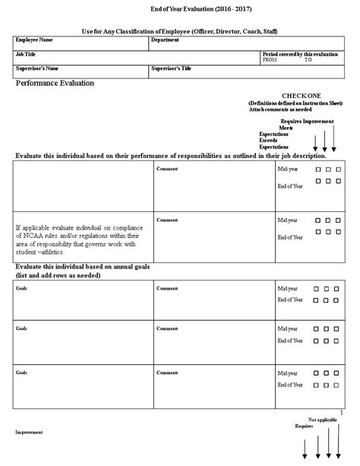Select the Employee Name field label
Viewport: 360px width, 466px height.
click(35, 40)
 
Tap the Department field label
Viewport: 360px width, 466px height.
click(165, 40)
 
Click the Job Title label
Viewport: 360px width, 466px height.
click(26, 55)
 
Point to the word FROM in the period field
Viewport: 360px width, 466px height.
click(270, 60)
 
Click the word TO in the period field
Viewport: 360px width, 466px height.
click(308, 60)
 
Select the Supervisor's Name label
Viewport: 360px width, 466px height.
click(38, 68)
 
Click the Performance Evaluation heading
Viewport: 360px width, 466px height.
click(55, 83)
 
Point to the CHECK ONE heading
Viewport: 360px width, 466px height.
click(278, 96)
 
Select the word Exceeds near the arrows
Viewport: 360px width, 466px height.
click(268, 140)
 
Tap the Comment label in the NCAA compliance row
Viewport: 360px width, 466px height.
click(167, 220)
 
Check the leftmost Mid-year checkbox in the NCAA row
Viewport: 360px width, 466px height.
click(317, 219)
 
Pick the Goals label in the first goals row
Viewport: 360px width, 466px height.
click(21, 289)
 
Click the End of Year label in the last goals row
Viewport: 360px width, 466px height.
click(290, 385)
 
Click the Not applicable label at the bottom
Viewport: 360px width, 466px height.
click(322, 420)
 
